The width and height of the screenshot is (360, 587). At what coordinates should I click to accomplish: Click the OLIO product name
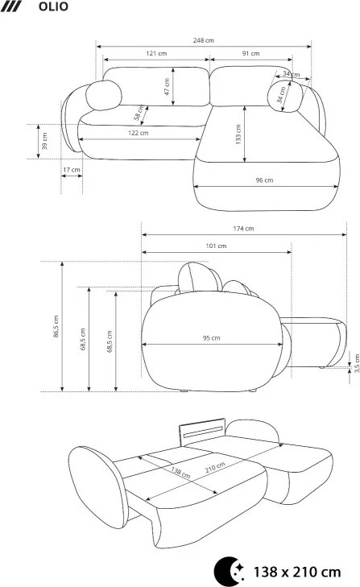pyautogui.click(x=53, y=6)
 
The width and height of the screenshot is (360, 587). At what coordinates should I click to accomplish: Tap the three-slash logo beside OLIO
pyautogui.click(x=10, y=6)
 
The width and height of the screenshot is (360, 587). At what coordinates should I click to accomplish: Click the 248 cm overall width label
pyautogui.click(x=204, y=40)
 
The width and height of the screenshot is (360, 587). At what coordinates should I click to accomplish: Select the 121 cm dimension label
pyautogui.click(x=156, y=53)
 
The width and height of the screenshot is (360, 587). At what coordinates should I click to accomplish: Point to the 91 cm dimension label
pyautogui.click(x=250, y=53)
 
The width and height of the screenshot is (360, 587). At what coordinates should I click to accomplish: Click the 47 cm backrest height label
pyautogui.click(x=167, y=86)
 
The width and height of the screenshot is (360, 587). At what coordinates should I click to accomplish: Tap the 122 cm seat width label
pyautogui.click(x=139, y=133)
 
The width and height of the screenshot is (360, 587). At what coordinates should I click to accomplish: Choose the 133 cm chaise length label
pyautogui.click(x=238, y=134)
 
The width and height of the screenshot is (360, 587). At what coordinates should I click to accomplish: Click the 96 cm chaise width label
pyautogui.click(x=264, y=180)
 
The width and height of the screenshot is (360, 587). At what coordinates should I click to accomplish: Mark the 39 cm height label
pyautogui.click(x=44, y=141)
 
